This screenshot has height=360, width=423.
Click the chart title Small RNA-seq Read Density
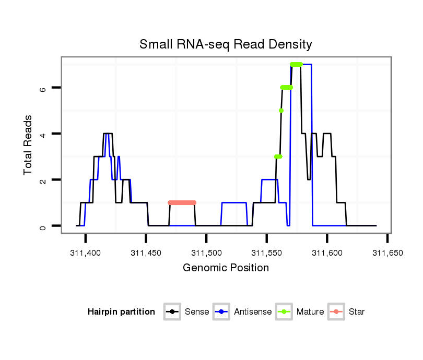(x=226, y=44)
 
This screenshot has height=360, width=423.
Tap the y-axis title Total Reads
(x=29, y=145)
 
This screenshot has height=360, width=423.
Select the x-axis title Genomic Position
(x=226, y=268)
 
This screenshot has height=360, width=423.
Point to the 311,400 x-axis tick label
(x=86, y=253)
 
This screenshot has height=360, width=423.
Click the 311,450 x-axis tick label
(x=146, y=253)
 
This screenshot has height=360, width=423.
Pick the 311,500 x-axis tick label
(x=206, y=253)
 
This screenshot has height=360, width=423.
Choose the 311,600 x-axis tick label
(x=327, y=253)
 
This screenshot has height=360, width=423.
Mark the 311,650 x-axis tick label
(x=387, y=253)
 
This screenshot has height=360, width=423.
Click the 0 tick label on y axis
(x=43, y=226)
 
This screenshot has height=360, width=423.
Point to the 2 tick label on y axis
(x=43, y=180)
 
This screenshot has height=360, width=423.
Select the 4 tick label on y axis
(x=43, y=134)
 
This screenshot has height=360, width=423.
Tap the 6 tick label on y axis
(x=43, y=88)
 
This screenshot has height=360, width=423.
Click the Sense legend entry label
(x=197, y=312)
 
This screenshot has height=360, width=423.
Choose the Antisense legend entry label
(x=253, y=312)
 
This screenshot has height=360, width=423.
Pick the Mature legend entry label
(x=310, y=312)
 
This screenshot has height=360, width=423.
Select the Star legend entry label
(x=357, y=312)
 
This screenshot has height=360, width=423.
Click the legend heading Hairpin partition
(x=121, y=312)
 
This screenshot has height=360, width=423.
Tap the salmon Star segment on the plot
(x=182, y=202)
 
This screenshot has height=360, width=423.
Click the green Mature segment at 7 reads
(x=296, y=65)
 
